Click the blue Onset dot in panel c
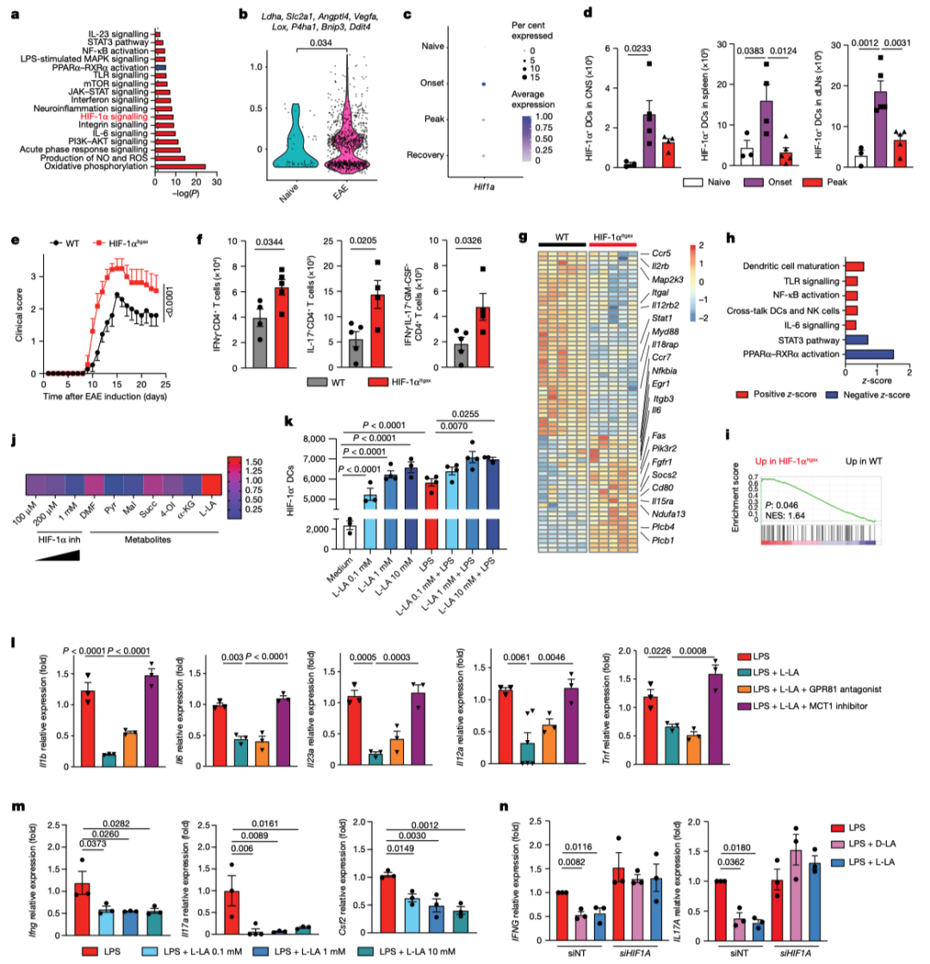coord(484,84)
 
